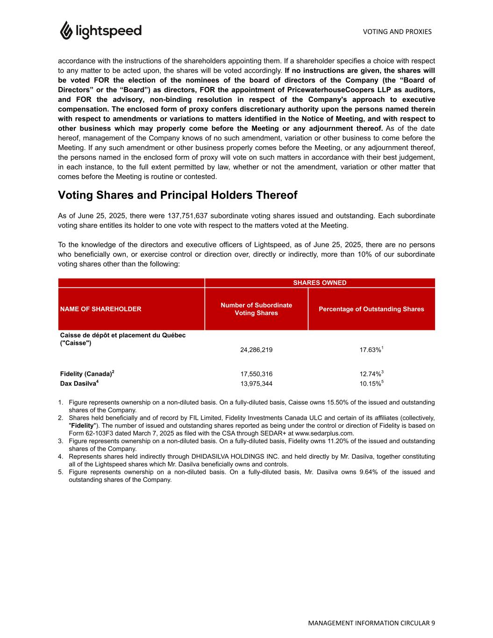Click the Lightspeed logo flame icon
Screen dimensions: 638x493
pos(65,30)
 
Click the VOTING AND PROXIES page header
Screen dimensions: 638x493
pos(397,32)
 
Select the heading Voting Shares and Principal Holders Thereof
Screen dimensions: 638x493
pos(177,195)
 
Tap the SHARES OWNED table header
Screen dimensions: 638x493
pos(320,283)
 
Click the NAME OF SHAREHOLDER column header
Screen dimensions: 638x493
pos(100,309)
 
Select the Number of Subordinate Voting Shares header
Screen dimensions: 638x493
pos(256,309)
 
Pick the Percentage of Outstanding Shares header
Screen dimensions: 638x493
pos(371,309)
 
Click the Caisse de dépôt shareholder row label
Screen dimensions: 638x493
pos(123,339)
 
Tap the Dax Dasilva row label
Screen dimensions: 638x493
pos(79,383)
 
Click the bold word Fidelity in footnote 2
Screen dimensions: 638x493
pos(82,426)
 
